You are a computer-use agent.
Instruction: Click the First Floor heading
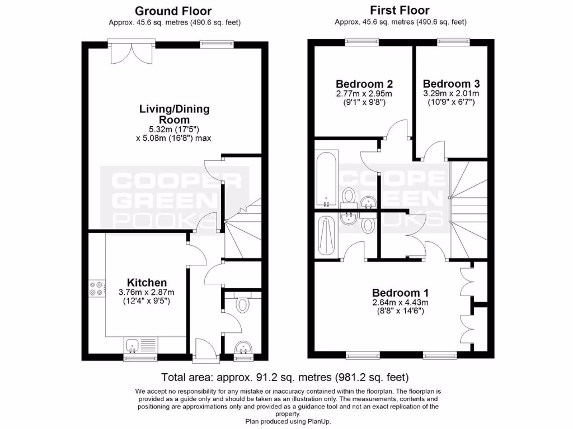[400, 11]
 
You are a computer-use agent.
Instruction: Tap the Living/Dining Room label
[174, 115]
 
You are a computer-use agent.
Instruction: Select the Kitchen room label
[147, 283]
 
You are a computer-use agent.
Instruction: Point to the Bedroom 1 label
[401, 293]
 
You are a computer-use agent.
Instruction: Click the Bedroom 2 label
[364, 84]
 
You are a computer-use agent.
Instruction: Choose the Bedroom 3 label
[451, 84]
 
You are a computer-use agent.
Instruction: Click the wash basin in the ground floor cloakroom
[243, 348]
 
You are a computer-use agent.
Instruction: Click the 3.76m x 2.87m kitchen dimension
[147, 292]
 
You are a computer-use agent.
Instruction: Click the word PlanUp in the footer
[318, 421]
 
